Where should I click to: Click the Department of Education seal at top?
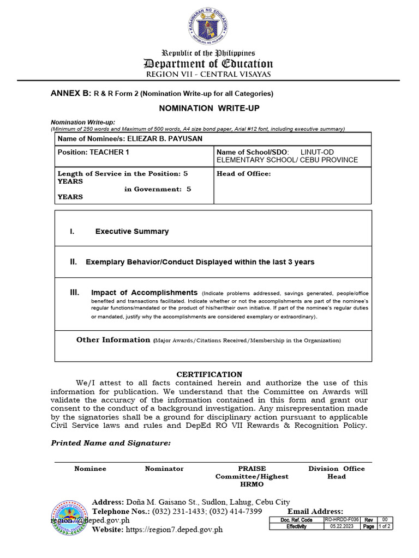click(209, 25)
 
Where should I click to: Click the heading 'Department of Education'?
click(208, 63)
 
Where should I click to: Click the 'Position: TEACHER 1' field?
click(93, 152)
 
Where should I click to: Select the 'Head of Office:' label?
click(243, 174)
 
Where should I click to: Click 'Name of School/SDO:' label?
click(250, 152)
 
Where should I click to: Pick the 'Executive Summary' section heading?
click(132, 232)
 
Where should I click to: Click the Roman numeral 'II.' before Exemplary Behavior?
click(74, 262)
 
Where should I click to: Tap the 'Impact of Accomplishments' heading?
click(144, 293)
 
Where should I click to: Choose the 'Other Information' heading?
click(113, 340)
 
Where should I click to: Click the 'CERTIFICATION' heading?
click(209, 374)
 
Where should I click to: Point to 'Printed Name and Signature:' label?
click(111, 443)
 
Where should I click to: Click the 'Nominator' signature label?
click(164, 469)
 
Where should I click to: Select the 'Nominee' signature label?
click(90, 469)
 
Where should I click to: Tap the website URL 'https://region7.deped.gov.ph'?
click(174, 530)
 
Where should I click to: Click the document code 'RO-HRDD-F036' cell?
click(341, 520)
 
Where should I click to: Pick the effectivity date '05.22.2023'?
click(341, 527)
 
